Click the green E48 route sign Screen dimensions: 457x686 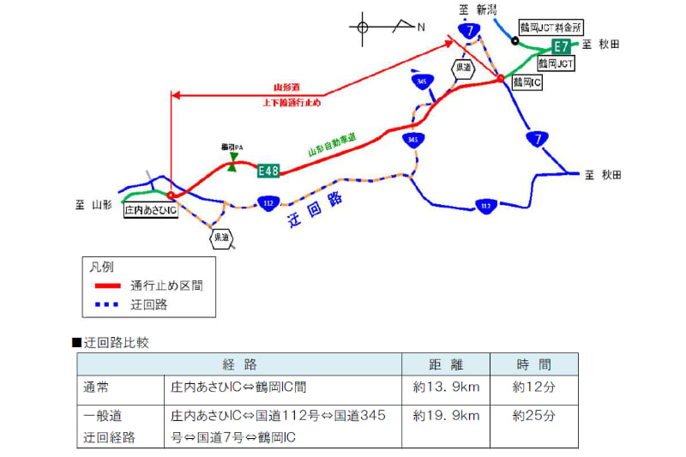pos(268,171)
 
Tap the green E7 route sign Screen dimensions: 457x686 pos(561,45)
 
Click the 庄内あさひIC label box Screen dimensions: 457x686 pos(150,209)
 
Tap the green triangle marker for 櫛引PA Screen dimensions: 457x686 pos(232,165)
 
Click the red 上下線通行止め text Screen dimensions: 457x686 pos(292,102)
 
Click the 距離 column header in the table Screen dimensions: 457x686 pos(446,364)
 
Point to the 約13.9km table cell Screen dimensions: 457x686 pos(446,387)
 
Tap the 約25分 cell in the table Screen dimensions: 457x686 pos(534,416)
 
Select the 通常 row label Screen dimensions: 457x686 pos(97,387)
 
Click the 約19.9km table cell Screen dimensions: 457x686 pos(446,416)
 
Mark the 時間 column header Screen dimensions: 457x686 pos(534,364)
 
